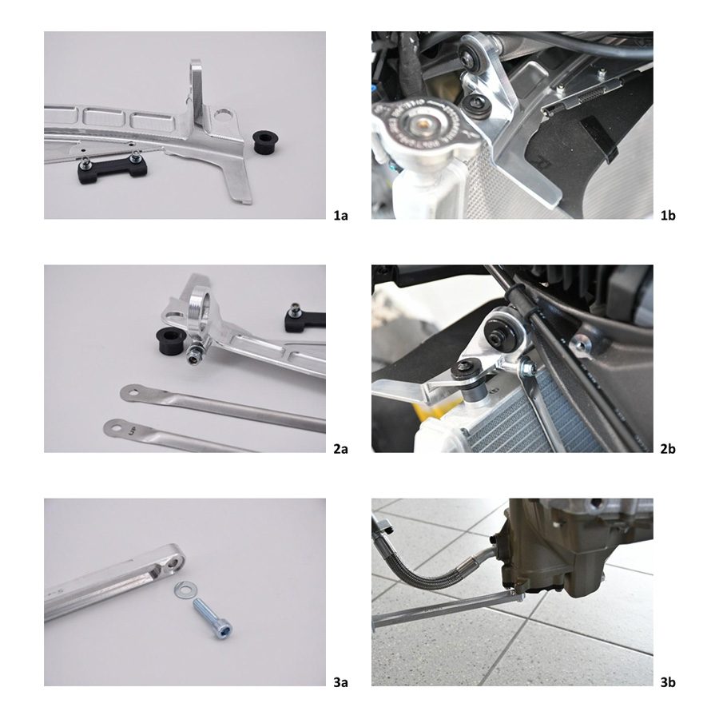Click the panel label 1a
point(340,215)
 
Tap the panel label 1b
point(668,215)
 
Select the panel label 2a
point(340,449)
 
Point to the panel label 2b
point(668,449)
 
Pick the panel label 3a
point(340,683)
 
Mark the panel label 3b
point(668,683)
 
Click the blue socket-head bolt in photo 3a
point(213,617)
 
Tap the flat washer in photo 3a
point(185,590)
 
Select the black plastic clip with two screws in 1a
point(112,169)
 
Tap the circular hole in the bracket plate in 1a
point(224,113)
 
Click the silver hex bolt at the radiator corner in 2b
point(527,368)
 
